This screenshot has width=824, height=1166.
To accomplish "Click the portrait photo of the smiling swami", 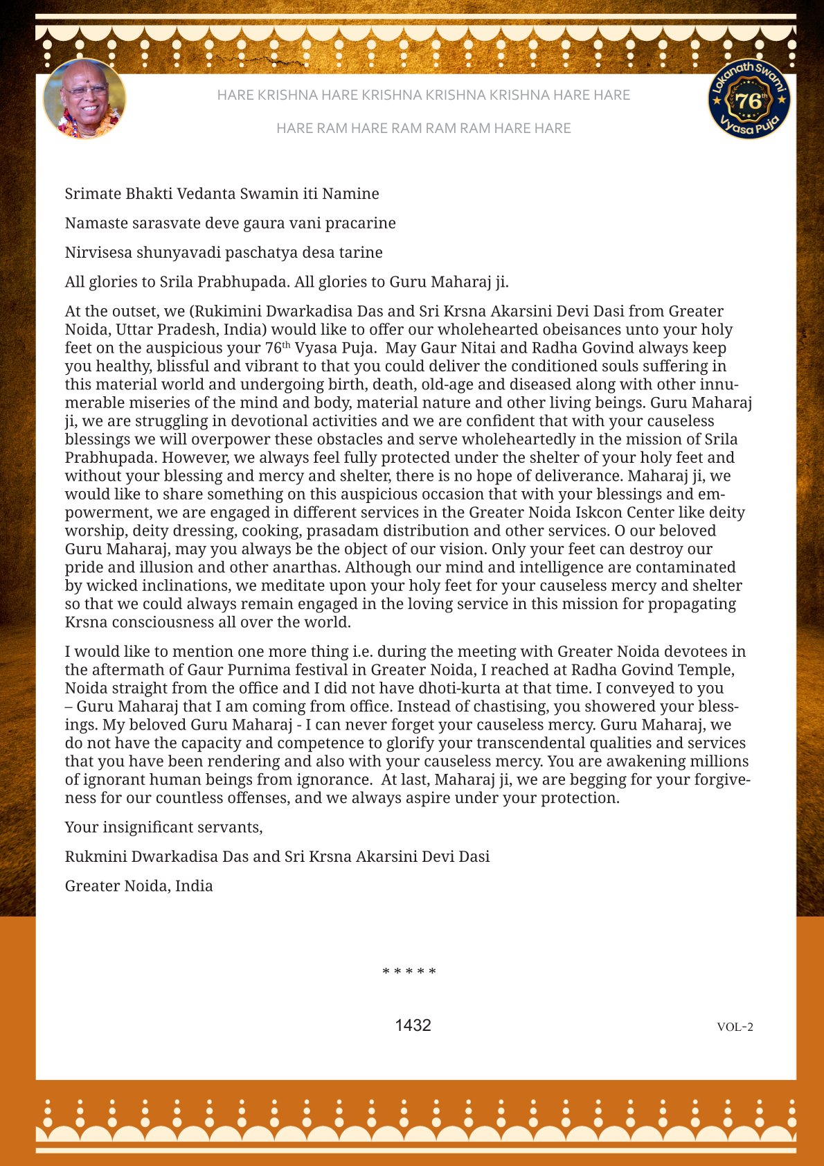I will [x=84, y=99].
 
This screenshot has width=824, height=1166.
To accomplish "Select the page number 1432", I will [x=413, y=1025].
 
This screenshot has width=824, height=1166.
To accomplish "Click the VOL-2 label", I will [x=735, y=1027].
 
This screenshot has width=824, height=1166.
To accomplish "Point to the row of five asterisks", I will [x=409, y=971].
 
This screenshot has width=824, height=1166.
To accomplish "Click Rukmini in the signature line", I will [x=96, y=857].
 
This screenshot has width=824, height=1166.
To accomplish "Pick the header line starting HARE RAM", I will [x=423, y=128].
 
